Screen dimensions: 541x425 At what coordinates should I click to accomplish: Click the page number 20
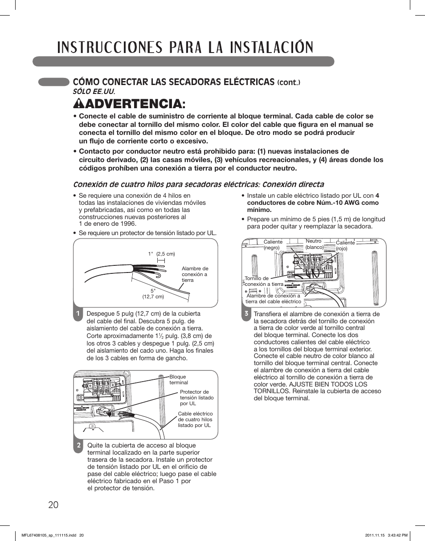point(52,504)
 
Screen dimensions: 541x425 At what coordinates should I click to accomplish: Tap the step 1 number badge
point(78,314)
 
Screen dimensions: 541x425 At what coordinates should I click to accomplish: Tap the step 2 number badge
point(78,445)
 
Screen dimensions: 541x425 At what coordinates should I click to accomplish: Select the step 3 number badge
point(245,314)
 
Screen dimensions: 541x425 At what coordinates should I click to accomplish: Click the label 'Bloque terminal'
point(179,380)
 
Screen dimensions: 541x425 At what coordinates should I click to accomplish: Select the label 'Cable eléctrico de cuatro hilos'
point(195,419)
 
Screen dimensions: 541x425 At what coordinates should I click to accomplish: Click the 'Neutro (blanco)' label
point(315,244)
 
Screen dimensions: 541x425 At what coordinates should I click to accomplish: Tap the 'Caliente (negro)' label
point(273,245)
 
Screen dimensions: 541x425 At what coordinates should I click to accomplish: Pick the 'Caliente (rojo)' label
point(345,246)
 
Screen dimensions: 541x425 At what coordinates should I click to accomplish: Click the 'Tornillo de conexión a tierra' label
point(264,281)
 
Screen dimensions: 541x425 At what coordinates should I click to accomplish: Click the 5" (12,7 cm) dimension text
point(153,293)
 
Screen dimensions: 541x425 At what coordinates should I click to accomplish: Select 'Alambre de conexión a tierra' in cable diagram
point(195,274)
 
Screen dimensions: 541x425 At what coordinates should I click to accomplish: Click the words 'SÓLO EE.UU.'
point(94,91)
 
